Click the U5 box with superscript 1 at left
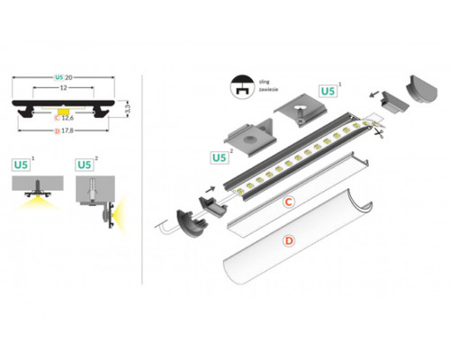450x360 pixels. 22,165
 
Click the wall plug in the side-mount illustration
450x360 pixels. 94,191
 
